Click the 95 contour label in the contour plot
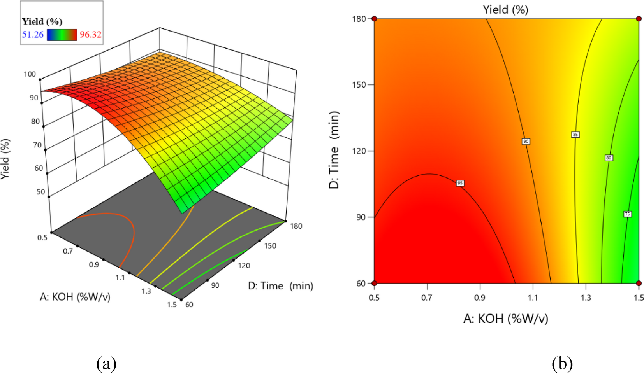[460, 183]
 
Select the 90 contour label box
[526, 141]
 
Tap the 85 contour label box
[575, 135]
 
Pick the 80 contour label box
[609, 158]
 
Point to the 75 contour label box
[627, 214]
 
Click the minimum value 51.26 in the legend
[33, 35]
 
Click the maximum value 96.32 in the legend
[90, 35]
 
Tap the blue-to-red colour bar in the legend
[62, 35]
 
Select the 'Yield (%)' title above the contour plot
[505, 9]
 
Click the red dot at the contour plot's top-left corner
[374, 19]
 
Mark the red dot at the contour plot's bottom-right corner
[639, 283]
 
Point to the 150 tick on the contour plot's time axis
[359, 85]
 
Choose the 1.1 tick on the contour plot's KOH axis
[532, 298]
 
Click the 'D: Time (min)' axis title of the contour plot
[334, 150]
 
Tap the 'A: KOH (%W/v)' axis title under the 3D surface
[75, 297]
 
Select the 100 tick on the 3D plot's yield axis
[30, 74]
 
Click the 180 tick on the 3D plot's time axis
[296, 226]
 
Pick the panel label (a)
[106, 364]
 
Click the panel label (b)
[562, 364]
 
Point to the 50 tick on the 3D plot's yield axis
[40, 192]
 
